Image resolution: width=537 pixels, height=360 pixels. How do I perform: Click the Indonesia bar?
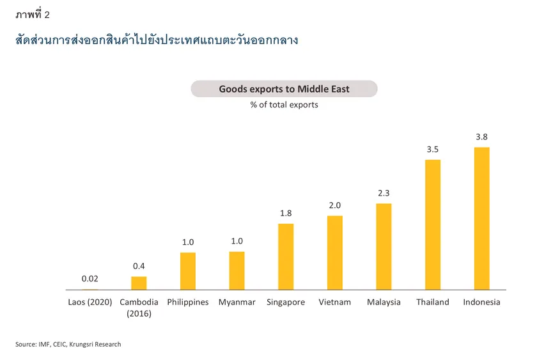(481, 219)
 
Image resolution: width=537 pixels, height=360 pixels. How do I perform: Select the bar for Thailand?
(433, 224)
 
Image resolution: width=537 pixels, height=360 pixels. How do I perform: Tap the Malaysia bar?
(384, 247)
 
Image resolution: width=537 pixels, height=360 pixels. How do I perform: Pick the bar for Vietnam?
(335, 253)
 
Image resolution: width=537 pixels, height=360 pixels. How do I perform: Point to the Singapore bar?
(286, 256)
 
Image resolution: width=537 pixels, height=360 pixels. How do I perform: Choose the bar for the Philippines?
(188, 271)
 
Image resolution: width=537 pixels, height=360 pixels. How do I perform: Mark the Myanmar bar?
(237, 270)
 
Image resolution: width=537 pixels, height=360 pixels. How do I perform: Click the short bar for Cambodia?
(139, 283)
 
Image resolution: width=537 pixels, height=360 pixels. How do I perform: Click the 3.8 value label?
(481, 137)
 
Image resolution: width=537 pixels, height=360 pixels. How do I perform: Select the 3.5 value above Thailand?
(433, 149)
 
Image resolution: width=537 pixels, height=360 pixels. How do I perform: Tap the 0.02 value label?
(89, 279)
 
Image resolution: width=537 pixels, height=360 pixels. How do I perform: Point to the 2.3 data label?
(384, 193)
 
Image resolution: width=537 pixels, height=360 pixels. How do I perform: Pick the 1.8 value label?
(286, 213)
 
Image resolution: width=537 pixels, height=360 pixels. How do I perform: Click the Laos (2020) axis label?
(90, 302)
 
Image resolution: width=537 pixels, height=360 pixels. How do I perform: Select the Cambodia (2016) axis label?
(139, 308)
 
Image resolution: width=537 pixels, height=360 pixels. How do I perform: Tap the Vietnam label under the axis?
(335, 302)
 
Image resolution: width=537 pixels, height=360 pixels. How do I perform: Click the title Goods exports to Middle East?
(284, 89)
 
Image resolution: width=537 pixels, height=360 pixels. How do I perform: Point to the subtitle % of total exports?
(284, 105)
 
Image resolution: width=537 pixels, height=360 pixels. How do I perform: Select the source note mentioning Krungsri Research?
(68, 345)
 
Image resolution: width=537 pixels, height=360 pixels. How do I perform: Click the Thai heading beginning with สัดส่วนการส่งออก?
(157, 41)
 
